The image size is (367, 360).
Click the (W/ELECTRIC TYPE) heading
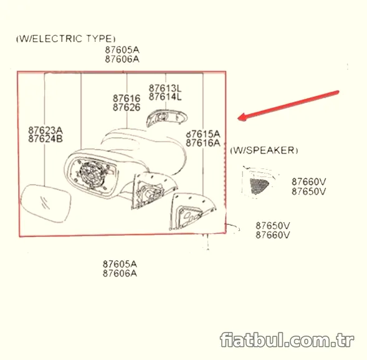[66, 39]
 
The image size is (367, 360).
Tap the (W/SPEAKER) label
[264, 150]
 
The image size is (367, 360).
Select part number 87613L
[165, 89]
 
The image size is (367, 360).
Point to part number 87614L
[165, 97]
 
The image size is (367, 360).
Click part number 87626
[126, 107]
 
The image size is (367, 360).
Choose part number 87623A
[45, 130]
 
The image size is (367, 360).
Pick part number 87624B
[45, 139]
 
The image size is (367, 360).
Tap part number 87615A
[203, 134]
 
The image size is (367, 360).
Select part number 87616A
[203, 143]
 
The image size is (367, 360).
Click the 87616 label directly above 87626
[126, 99]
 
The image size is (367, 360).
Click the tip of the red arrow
[238, 119]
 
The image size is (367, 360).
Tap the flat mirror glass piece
[45, 203]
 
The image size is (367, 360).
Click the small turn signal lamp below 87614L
[166, 118]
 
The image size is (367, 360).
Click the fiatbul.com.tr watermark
[287, 339]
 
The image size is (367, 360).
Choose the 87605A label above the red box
[122, 50]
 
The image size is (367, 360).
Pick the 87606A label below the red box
[120, 273]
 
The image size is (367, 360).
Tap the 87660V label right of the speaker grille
[308, 182]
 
